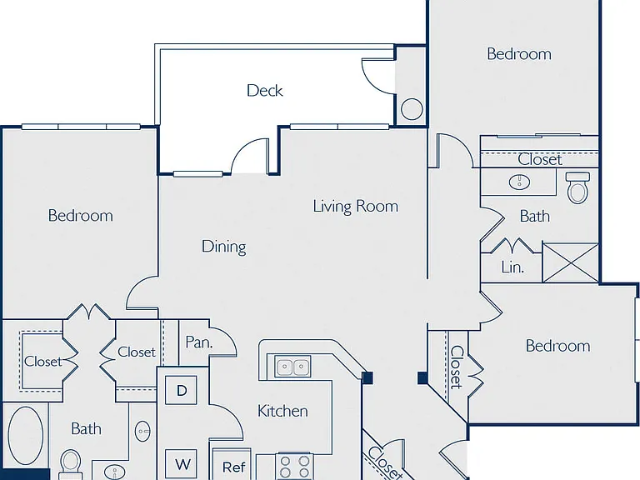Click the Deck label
click(x=264, y=90)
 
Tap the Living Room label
click(x=356, y=206)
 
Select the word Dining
click(x=223, y=247)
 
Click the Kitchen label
click(x=282, y=411)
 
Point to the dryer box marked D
click(x=181, y=390)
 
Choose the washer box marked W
click(x=181, y=464)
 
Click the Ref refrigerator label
click(x=234, y=467)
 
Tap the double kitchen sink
click(x=292, y=366)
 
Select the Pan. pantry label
click(x=199, y=342)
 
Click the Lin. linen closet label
click(x=512, y=267)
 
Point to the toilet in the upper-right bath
click(x=578, y=187)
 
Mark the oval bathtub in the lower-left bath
click(x=25, y=435)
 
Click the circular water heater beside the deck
click(x=412, y=109)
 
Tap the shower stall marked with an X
click(x=571, y=262)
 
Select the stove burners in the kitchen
click(x=293, y=467)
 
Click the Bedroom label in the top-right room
click(x=519, y=54)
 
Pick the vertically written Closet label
click(x=457, y=367)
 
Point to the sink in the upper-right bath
click(x=519, y=182)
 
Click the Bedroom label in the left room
click(x=80, y=216)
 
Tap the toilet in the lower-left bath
click(x=71, y=464)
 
